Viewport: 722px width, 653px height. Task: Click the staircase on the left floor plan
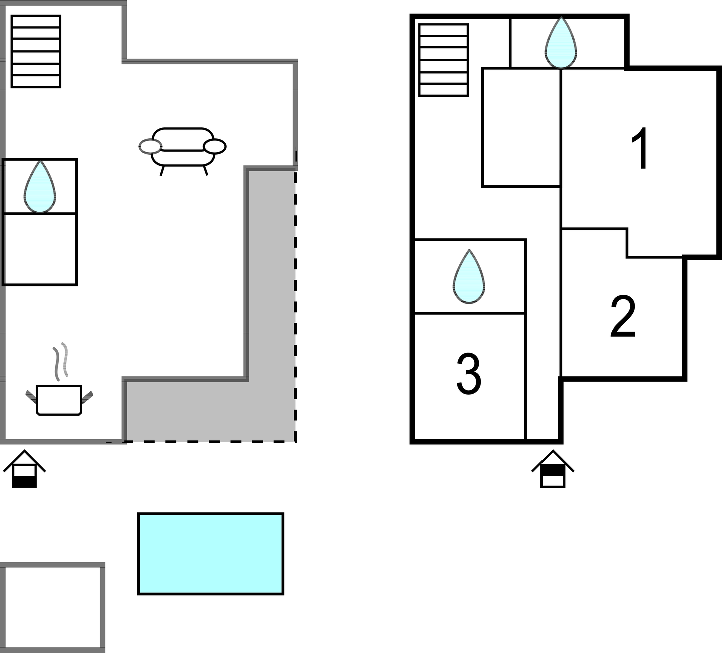click(36, 51)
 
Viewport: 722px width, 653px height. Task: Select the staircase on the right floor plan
click(443, 60)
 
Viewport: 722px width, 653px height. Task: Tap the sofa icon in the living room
click(183, 146)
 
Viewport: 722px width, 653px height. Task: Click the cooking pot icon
click(59, 400)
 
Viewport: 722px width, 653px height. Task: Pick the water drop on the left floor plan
click(39, 187)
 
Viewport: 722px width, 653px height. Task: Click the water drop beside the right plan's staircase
click(560, 44)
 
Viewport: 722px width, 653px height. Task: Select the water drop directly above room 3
click(469, 277)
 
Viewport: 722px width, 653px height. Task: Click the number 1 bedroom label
click(639, 149)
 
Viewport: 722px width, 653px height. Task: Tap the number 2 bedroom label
click(623, 317)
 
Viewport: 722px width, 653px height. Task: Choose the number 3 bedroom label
click(469, 374)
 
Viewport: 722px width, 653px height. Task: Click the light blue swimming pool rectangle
click(211, 553)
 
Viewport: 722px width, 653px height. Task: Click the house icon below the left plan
click(24, 469)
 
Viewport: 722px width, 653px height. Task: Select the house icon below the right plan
click(553, 469)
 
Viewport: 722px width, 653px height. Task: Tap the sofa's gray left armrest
click(150, 146)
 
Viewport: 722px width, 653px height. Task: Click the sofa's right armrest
click(215, 146)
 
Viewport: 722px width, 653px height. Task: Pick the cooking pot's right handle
click(87, 397)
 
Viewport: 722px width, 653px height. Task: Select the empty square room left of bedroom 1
click(521, 127)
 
